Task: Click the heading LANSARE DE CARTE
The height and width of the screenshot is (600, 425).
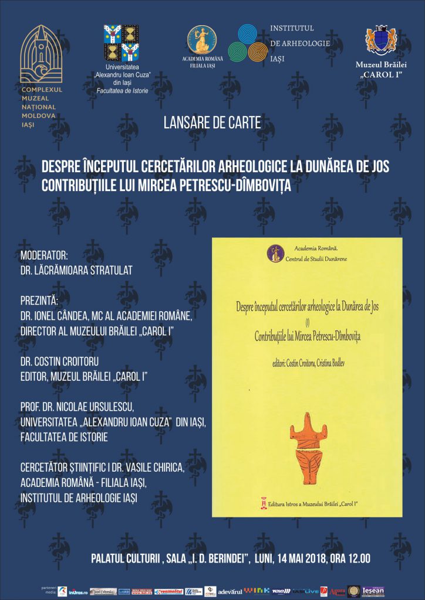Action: tap(212, 124)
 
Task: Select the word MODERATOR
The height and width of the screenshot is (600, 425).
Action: tap(44, 255)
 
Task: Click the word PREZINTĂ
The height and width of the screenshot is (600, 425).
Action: tap(40, 301)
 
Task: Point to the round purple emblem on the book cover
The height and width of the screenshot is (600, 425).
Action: tap(275, 253)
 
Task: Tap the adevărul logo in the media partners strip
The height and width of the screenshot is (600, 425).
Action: tap(230, 592)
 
